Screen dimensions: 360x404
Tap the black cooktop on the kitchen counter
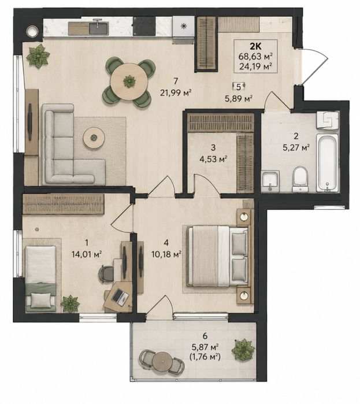(x=144, y=26)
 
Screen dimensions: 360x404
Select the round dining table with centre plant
(x=129, y=81)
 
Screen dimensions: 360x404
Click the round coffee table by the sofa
(x=94, y=138)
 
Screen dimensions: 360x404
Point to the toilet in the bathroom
(x=300, y=179)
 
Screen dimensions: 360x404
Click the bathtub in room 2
(x=327, y=162)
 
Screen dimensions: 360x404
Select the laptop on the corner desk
(x=120, y=298)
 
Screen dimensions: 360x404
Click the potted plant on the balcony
(x=243, y=350)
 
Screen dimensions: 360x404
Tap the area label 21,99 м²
(x=176, y=92)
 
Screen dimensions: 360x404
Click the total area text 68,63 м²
(x=256, y=56)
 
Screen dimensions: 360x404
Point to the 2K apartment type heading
(x=256, y=47)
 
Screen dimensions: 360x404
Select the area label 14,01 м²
(x=87, y=254)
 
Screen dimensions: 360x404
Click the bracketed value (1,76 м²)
(x=205, y=357)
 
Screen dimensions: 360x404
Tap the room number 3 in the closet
(x=213, y=147)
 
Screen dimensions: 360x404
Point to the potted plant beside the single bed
(x=70, y=304)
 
